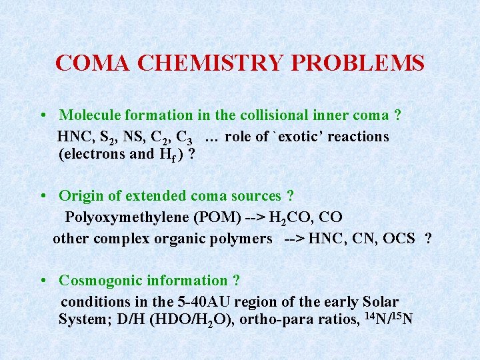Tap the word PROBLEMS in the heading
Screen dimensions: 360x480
357,63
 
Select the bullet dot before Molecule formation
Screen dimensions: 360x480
42,116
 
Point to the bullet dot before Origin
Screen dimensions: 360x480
42,196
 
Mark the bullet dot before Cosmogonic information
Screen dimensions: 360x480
42,281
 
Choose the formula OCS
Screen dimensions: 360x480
399,238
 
